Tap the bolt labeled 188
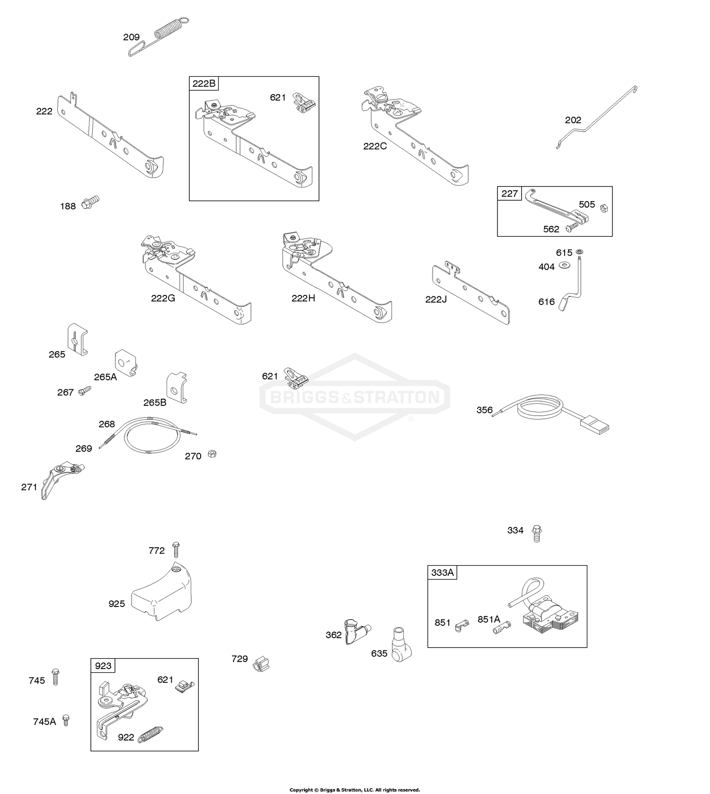pos(90,202)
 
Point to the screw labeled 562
pos(571,227)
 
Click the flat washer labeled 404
pos(564,265)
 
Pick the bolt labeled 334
pos(536,533)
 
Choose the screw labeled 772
pos(177,550)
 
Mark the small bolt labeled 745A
pos(66,720)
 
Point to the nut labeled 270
pos(213,454)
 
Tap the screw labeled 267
pos(85,390)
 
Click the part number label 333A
pos(442,572)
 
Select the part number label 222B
pos(204,84)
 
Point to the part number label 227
pos(509,193)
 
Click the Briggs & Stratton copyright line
pos(355,790)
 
